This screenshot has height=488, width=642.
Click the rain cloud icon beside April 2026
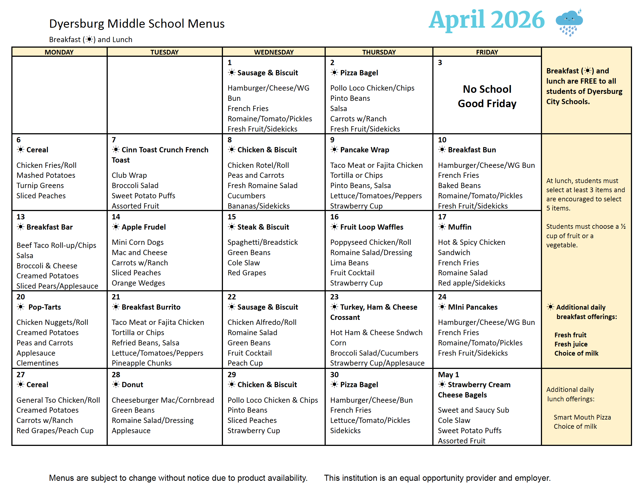click(569, 22)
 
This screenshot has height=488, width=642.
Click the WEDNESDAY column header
click(274, 52)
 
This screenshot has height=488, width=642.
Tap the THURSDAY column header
click(379, 52)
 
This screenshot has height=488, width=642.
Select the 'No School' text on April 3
click(487, 89)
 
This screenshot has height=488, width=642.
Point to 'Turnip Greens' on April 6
click(40, 186)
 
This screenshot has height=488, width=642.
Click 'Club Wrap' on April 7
click(129, 175)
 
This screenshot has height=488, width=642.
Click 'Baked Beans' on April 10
click(459, 186)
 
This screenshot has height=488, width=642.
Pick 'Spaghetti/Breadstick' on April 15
click(263, 242)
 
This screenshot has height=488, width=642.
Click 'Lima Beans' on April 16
click(349, 263)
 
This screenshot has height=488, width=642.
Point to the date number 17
click(442, 217)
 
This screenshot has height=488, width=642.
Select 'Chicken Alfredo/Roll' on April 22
click(262, 322)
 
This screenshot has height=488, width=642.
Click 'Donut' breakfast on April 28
click(132, 385)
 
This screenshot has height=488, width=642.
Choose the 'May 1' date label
click(448, 375)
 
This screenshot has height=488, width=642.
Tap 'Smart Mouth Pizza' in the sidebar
click(582, 417)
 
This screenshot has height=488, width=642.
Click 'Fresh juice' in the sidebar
click(571, 344)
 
